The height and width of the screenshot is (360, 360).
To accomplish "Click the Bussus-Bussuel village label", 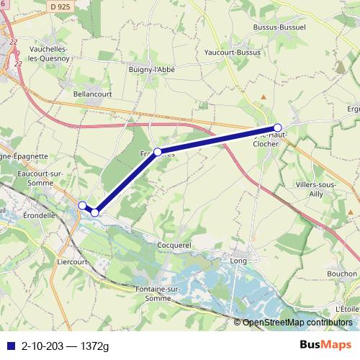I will pyautogui.click(x=280, y=27).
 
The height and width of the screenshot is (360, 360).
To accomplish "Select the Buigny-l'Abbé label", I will pyautogui.click(x=152, y=68).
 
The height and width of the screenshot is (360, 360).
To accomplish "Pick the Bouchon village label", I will pyautogui.click(x=341, y=274).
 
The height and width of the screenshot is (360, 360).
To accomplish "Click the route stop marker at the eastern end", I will pyautogui.click(x=278, y=127).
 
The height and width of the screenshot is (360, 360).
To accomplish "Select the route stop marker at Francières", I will pyautogui.click(x=158, y=152).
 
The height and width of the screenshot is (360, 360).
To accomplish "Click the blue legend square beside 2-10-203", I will pyautogui.click(x=9, y=346).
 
